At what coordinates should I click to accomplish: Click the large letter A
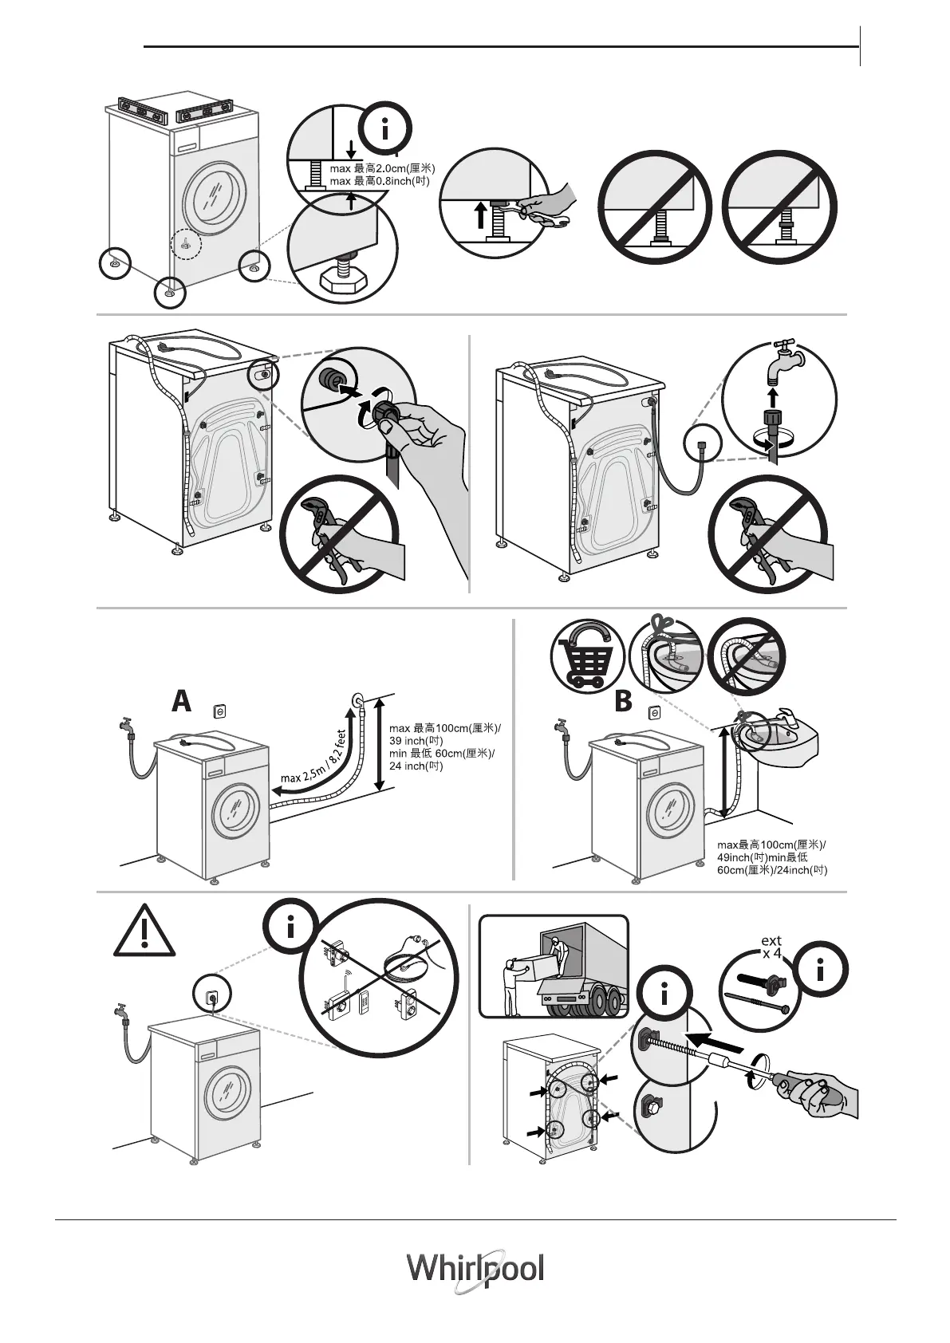point(182,701)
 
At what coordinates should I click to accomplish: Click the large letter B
point(623,702)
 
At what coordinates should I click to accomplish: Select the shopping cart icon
point(586,656)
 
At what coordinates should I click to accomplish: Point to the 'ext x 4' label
point(771,947)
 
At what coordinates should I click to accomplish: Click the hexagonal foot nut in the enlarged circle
point(343,279)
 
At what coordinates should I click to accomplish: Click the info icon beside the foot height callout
point(386,129)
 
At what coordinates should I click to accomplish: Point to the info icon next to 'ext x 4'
point(822,970)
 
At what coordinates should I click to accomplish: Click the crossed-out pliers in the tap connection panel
point(767,534)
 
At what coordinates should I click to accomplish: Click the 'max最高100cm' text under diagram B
point(771,857)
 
